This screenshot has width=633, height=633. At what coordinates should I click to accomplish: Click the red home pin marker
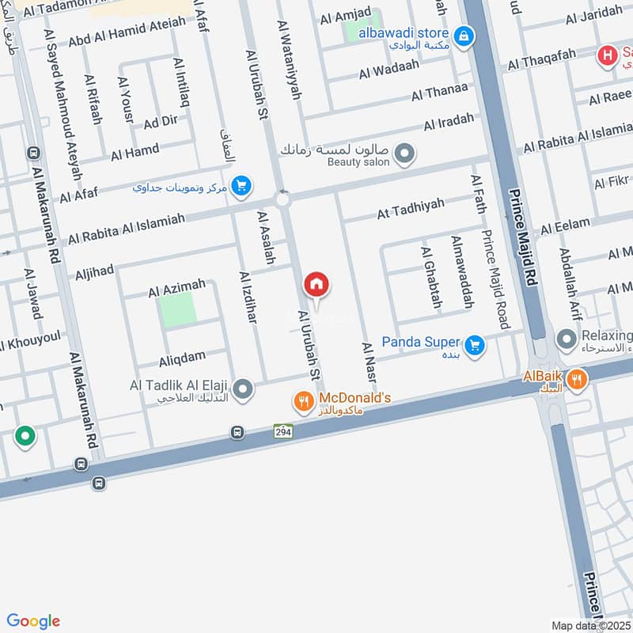pos(316,285)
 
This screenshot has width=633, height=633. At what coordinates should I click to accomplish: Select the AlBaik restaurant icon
pos(578,380)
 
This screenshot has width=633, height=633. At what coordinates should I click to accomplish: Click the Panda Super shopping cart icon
pos(475,346)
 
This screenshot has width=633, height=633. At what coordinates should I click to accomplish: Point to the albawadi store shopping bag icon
pos(464,35)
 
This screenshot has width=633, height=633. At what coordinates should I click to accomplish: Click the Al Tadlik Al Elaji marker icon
pos(244,389)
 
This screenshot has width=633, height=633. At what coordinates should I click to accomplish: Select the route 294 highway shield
pos(283,431)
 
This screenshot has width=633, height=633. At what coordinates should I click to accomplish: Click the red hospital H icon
pos(607,55)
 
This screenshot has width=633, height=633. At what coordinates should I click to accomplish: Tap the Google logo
pos(33,621)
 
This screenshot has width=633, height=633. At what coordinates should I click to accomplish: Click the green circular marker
pos(25,435)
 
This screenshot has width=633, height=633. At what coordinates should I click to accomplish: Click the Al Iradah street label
pos(449,123)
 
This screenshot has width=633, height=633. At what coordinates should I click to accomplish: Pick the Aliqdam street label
pos(182,356)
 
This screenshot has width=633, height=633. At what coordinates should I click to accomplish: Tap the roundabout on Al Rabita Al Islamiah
pos(282,199)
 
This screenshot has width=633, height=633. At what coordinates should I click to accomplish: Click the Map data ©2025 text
pos(590,625)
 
